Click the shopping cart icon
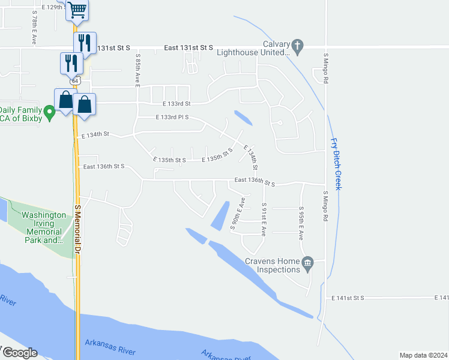coord(76,10)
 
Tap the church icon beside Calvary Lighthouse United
coord(297,45)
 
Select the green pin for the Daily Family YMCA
coord(50,111)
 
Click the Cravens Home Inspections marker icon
coord(307,262)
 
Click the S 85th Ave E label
coord(137,71)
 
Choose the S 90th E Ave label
coord(238,214)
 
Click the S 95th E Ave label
coord(301,223)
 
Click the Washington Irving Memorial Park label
coord(43,227)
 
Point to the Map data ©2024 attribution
coord(423,355)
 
